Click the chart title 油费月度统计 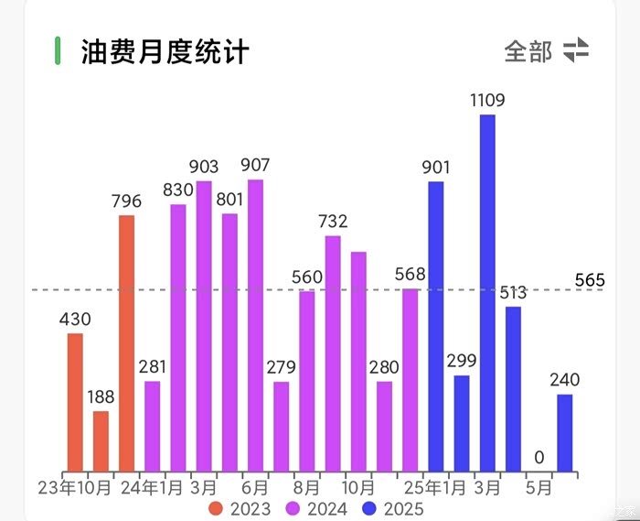click(165, 50)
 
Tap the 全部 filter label click(528, 51)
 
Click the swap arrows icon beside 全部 click(576, 50)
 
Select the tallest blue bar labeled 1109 click(487, 293)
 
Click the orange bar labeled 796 click(126, 343)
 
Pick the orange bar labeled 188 click(101, 441)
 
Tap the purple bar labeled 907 click(255, 325)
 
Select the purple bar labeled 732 click(333, 353)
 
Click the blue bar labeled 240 click(565, 433)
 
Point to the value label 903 click(204, 167)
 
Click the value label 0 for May click(539, 457)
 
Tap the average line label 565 click(590, 280)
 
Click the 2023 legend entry click(240, 508)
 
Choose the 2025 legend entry click(394, 508)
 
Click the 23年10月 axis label click(74, 487)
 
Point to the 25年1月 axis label click(435, 487)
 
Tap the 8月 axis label click(307, 487)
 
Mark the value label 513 click(513, 293)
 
